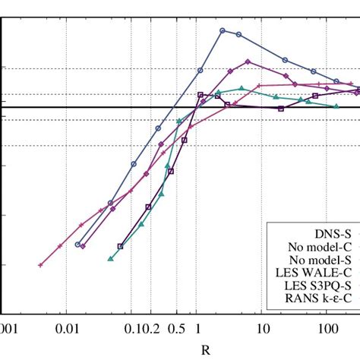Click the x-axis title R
(x=205, y=350)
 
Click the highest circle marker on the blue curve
(x=223, y=30)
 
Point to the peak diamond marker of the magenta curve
(x=247, y=62)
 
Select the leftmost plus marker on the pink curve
(x=40, y=265)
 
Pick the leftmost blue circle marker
(x=77, y=244)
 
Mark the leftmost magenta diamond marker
(x=83, y=246)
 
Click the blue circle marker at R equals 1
(x=201, y=71)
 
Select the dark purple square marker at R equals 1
(x=201, y=95)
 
